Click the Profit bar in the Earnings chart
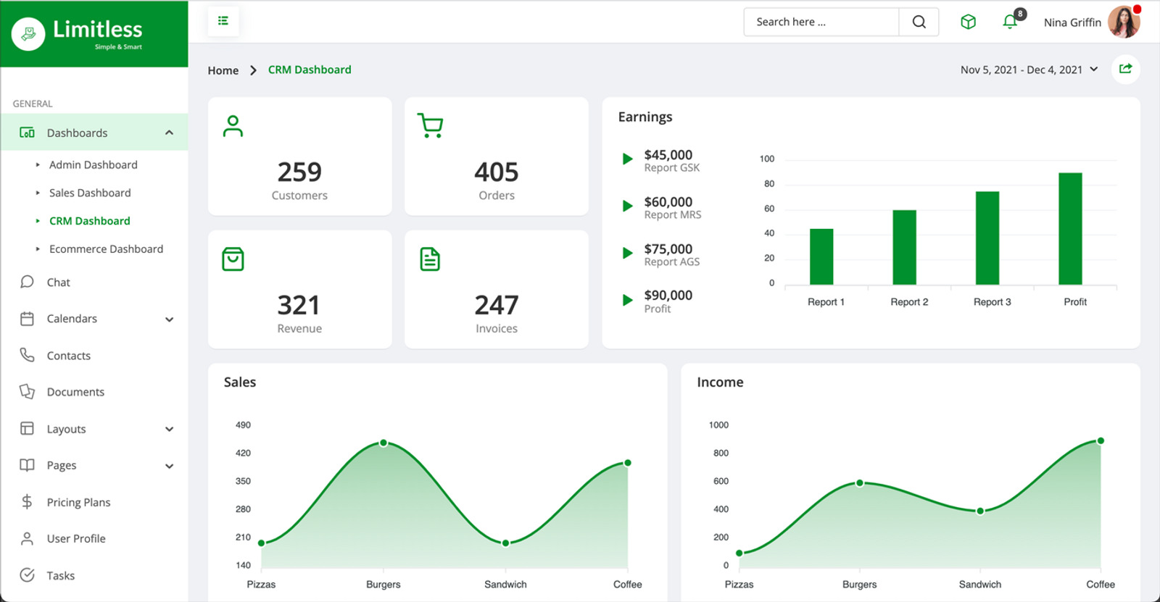point(1070,228)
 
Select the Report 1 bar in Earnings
point(821,256)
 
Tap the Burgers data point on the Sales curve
point(384,443)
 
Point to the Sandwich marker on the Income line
point(980,511)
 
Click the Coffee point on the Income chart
point(1101,440)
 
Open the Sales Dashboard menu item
point(90,193)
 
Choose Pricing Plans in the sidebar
point(78,502)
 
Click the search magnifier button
point(919,22)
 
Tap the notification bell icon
point(1010,22)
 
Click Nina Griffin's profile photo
point(1124,22)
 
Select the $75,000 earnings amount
point(668,248)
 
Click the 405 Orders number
point(497,172)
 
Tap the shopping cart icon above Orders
point(430,125)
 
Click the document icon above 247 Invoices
point(430,259)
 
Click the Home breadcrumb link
point(223,70)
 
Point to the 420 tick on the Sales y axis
point(243,453)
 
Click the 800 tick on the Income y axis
point(721,453)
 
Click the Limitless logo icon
point(28,33)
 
